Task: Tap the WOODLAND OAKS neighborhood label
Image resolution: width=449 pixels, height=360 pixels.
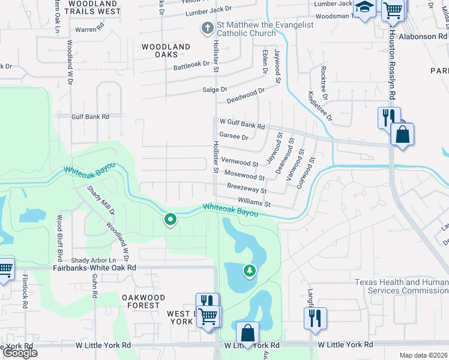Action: tap(166, 51)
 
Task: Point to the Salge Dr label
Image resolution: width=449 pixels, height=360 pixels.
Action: tap(215, 89)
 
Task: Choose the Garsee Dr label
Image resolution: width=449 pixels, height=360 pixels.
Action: tap(234, 137)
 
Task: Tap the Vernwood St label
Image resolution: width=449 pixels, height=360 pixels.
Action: tap(240, 163)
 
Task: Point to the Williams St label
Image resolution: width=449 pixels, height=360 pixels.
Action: tap(255, 203)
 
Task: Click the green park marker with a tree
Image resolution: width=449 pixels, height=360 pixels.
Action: tap(249, 271)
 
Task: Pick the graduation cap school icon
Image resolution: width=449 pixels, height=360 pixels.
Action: tap(364, 7)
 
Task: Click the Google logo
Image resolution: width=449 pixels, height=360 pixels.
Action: tap(20, 353)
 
